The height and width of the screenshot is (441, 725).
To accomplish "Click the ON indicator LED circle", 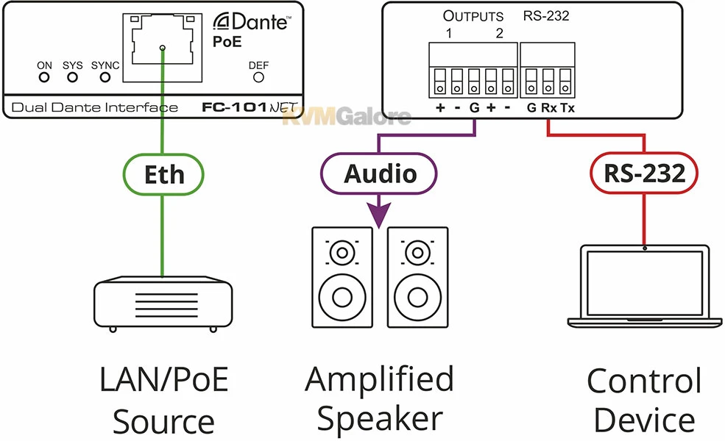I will [x=44, y=76].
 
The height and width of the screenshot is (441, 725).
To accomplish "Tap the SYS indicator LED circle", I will [x=72, y=76].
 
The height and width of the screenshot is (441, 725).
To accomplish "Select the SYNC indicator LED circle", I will [x=105, y=76].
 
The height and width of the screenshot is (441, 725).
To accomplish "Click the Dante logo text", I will [x=253, y=23].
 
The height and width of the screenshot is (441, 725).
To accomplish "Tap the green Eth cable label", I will [x=163, y=174].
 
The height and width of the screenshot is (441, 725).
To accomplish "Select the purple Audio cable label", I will [x=380, y=174].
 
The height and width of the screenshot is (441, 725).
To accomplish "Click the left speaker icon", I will [x=342, y=276].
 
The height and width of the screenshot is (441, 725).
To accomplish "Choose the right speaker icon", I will [x=417, y=276].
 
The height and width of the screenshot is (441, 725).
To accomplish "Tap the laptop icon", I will [x=645, y=287].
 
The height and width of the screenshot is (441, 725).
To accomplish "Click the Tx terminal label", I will [x=567, y=109].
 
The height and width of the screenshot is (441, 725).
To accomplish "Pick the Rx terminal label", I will [x=549, y=109].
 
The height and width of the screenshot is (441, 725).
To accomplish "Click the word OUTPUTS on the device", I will [x=473, y=15].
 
